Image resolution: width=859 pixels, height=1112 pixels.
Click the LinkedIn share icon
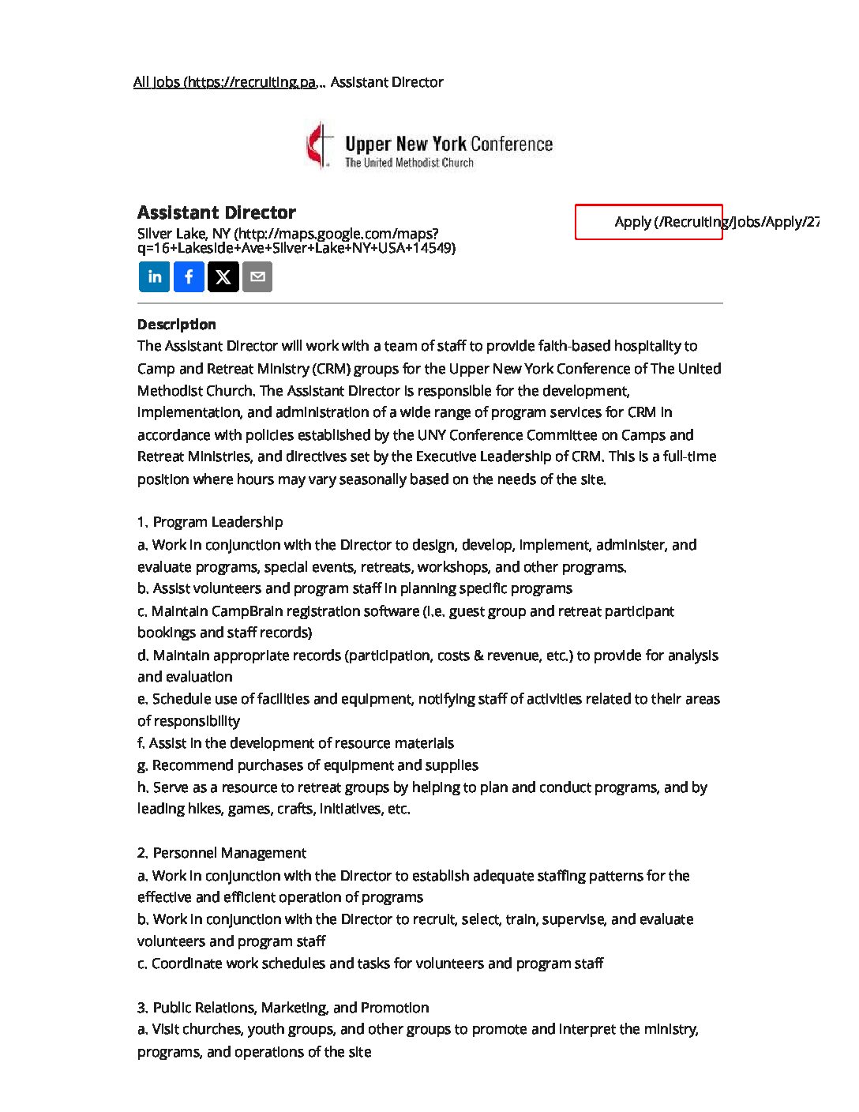pos(155,277)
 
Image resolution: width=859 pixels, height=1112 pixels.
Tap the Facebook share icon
pos(189,277)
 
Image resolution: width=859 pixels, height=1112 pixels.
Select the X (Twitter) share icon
pos(223,277)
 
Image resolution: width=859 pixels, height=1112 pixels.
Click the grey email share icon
pos(257,277)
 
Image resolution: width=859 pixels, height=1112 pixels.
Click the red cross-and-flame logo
pos(320,145)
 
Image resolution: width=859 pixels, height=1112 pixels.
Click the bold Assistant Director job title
pos(216,212)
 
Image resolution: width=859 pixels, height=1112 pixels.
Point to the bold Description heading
pos(176,325)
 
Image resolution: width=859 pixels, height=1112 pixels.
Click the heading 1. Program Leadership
pos(210,522)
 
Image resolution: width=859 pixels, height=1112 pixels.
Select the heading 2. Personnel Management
pos(222,853)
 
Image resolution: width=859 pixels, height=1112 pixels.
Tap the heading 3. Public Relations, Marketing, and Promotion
pos(283,1008)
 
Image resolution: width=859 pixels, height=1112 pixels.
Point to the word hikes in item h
pos(205,809)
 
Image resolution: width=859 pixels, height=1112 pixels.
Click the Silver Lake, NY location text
pos(184,234)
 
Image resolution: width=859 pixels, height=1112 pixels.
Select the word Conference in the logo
pos(512,145)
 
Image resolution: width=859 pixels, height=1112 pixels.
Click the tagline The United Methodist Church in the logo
pos(409,163)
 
